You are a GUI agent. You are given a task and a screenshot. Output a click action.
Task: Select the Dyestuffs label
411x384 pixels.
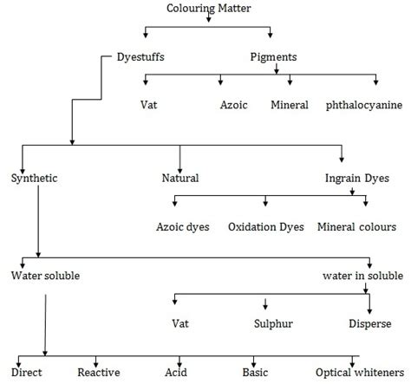pos(140,57)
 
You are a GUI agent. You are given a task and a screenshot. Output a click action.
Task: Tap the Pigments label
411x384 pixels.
pos(272,57)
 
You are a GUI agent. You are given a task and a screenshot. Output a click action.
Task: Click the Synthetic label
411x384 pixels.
pos(36,178)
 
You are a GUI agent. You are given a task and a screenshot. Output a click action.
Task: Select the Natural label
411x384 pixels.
pos(180,178)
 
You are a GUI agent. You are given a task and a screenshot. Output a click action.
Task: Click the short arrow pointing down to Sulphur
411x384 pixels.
pos(264,305)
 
